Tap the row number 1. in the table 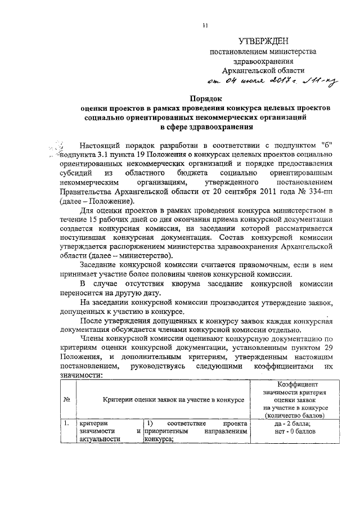(66, 423)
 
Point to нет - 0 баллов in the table (296, 431)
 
